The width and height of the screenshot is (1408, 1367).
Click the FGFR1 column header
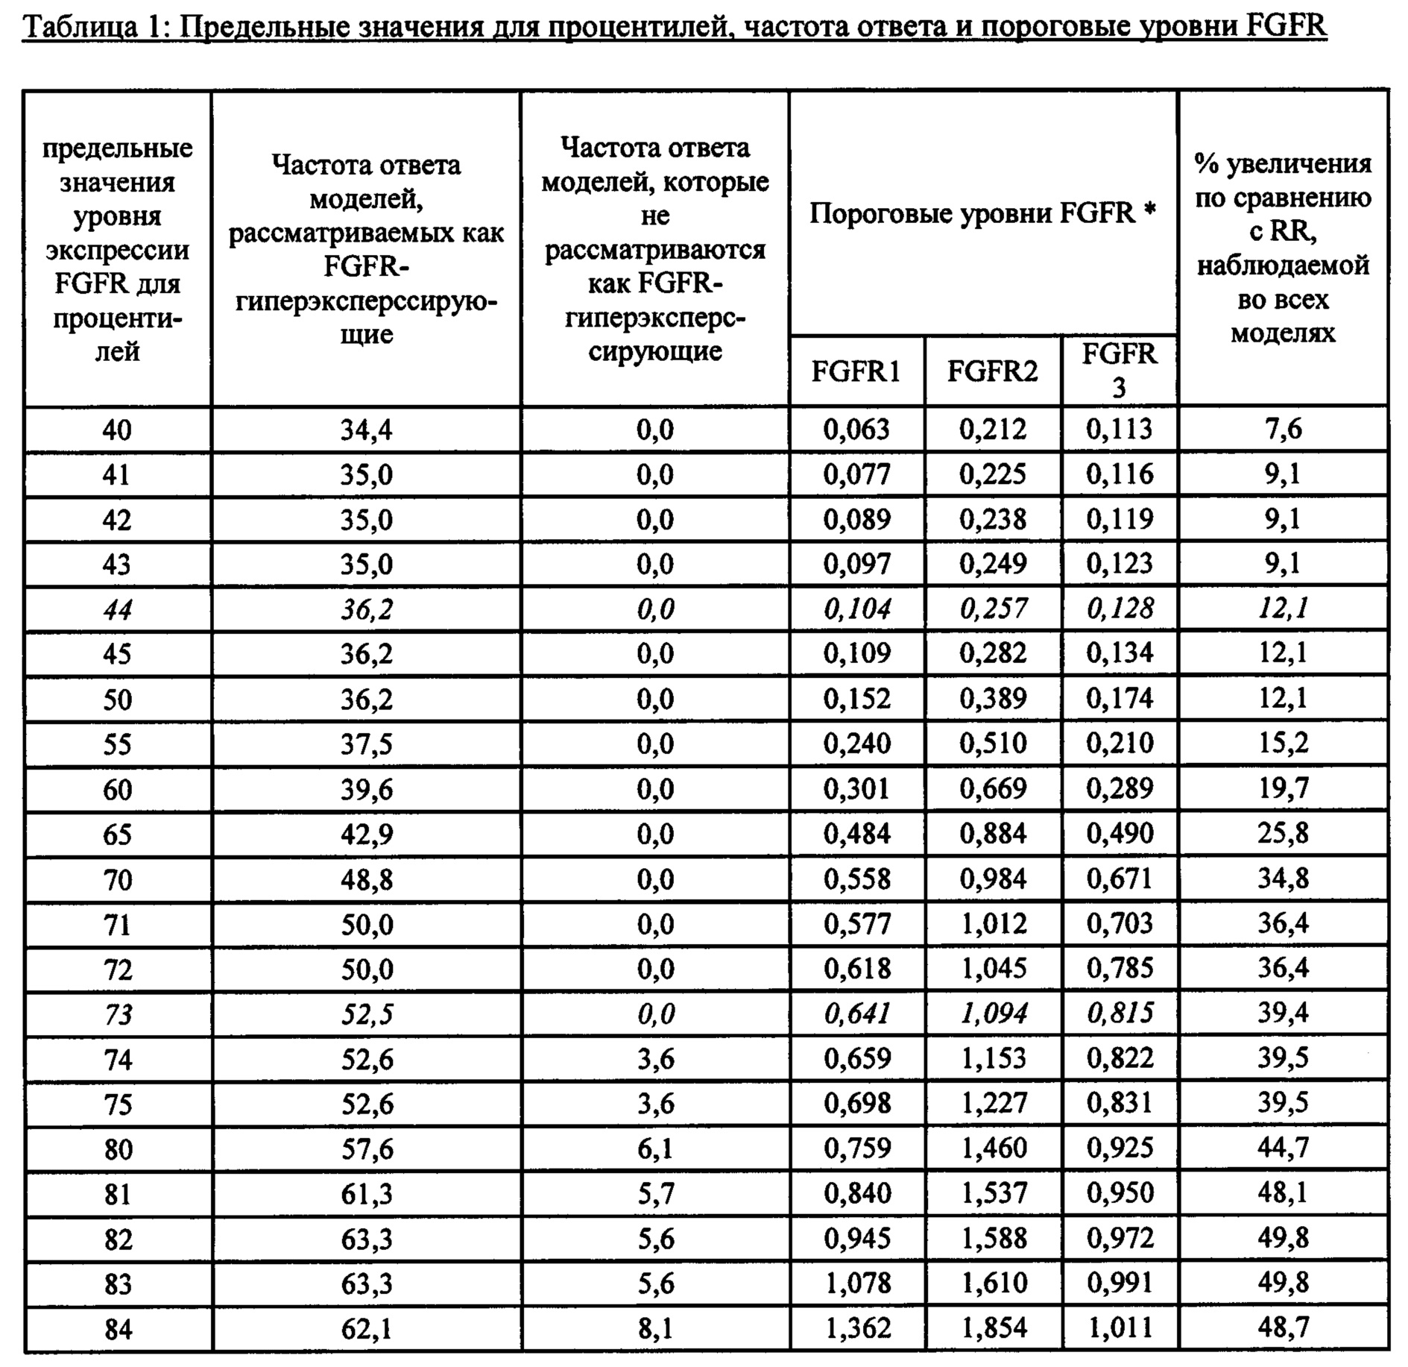pos(856,371)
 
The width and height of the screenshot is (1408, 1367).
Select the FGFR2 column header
pos(992,371)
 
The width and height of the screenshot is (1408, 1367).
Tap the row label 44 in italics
pos(117,610)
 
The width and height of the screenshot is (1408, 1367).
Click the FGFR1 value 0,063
pos(856,430)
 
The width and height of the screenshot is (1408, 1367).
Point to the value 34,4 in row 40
pos(366,430)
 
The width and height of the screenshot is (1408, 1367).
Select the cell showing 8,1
pos(655,1328)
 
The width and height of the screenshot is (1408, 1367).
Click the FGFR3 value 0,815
pos(1120,1013)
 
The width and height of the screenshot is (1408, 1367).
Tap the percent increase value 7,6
pos(1283,430)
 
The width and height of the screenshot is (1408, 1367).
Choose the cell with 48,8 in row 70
pos(366,879)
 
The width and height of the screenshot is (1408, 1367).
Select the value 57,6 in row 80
pos(366,1148)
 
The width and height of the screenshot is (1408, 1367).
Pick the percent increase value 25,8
pos(1283,833)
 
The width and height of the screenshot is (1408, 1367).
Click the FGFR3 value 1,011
pos(1120,1327)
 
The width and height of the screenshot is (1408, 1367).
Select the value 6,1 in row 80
pos(655,1148)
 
